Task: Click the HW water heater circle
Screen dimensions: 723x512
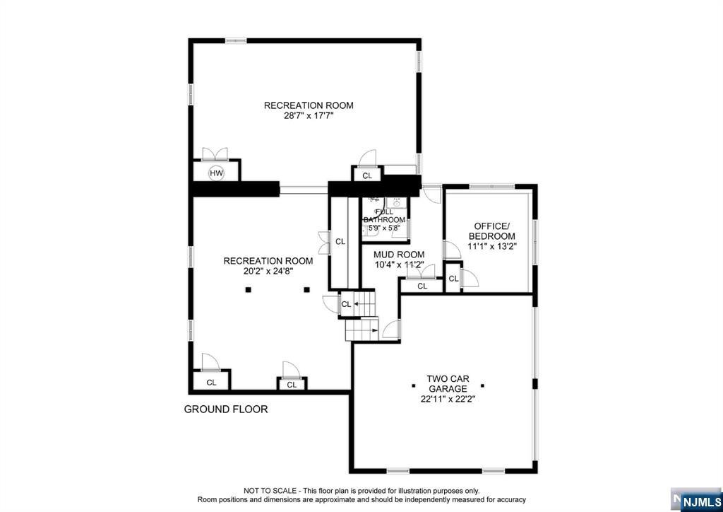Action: pyautogui.click(x=216, y=173)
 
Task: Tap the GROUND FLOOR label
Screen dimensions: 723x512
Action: pyautogui.click(x=226, y=409)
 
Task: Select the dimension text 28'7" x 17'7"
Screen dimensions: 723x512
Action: pyautogui.click(x=309, y=116)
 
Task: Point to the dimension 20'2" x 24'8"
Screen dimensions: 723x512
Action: pyautogui.click(x=268, y=272)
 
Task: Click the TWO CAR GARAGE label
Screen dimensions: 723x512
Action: pyautogui.click(x=448, y=384)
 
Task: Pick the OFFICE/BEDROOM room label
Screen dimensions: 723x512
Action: pyautogui.click(x=492, y=231)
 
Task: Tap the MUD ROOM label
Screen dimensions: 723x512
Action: pyautogui.click(x=399, y=255)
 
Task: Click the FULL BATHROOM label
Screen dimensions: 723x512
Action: pyautogui.click(x=385, y=216)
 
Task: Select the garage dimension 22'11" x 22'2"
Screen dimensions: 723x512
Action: pyautogui.click(x=448, y=399)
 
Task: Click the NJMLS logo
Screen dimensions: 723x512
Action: pyautogui.click(x=696, y=500)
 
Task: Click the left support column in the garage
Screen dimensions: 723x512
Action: pyautogui.click(x=413, y=385)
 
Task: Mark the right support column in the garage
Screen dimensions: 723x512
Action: pyautogui.click(x=482, y=385)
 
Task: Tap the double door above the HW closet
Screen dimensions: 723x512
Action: pyautogui.click(x=215, y=154)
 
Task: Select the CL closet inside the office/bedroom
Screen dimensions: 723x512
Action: pyautogui.click(x=453, y=278)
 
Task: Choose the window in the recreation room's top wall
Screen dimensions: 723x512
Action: pyautogui.click(x=236, y=40)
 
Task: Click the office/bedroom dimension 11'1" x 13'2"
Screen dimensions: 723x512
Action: pyautogui.click(x=492, y=246)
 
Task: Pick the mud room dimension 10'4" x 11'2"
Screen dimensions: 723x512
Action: pyautogui.click(x=399, y=265)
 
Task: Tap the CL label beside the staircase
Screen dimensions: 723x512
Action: pyautogui.click(x=346, y=304)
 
